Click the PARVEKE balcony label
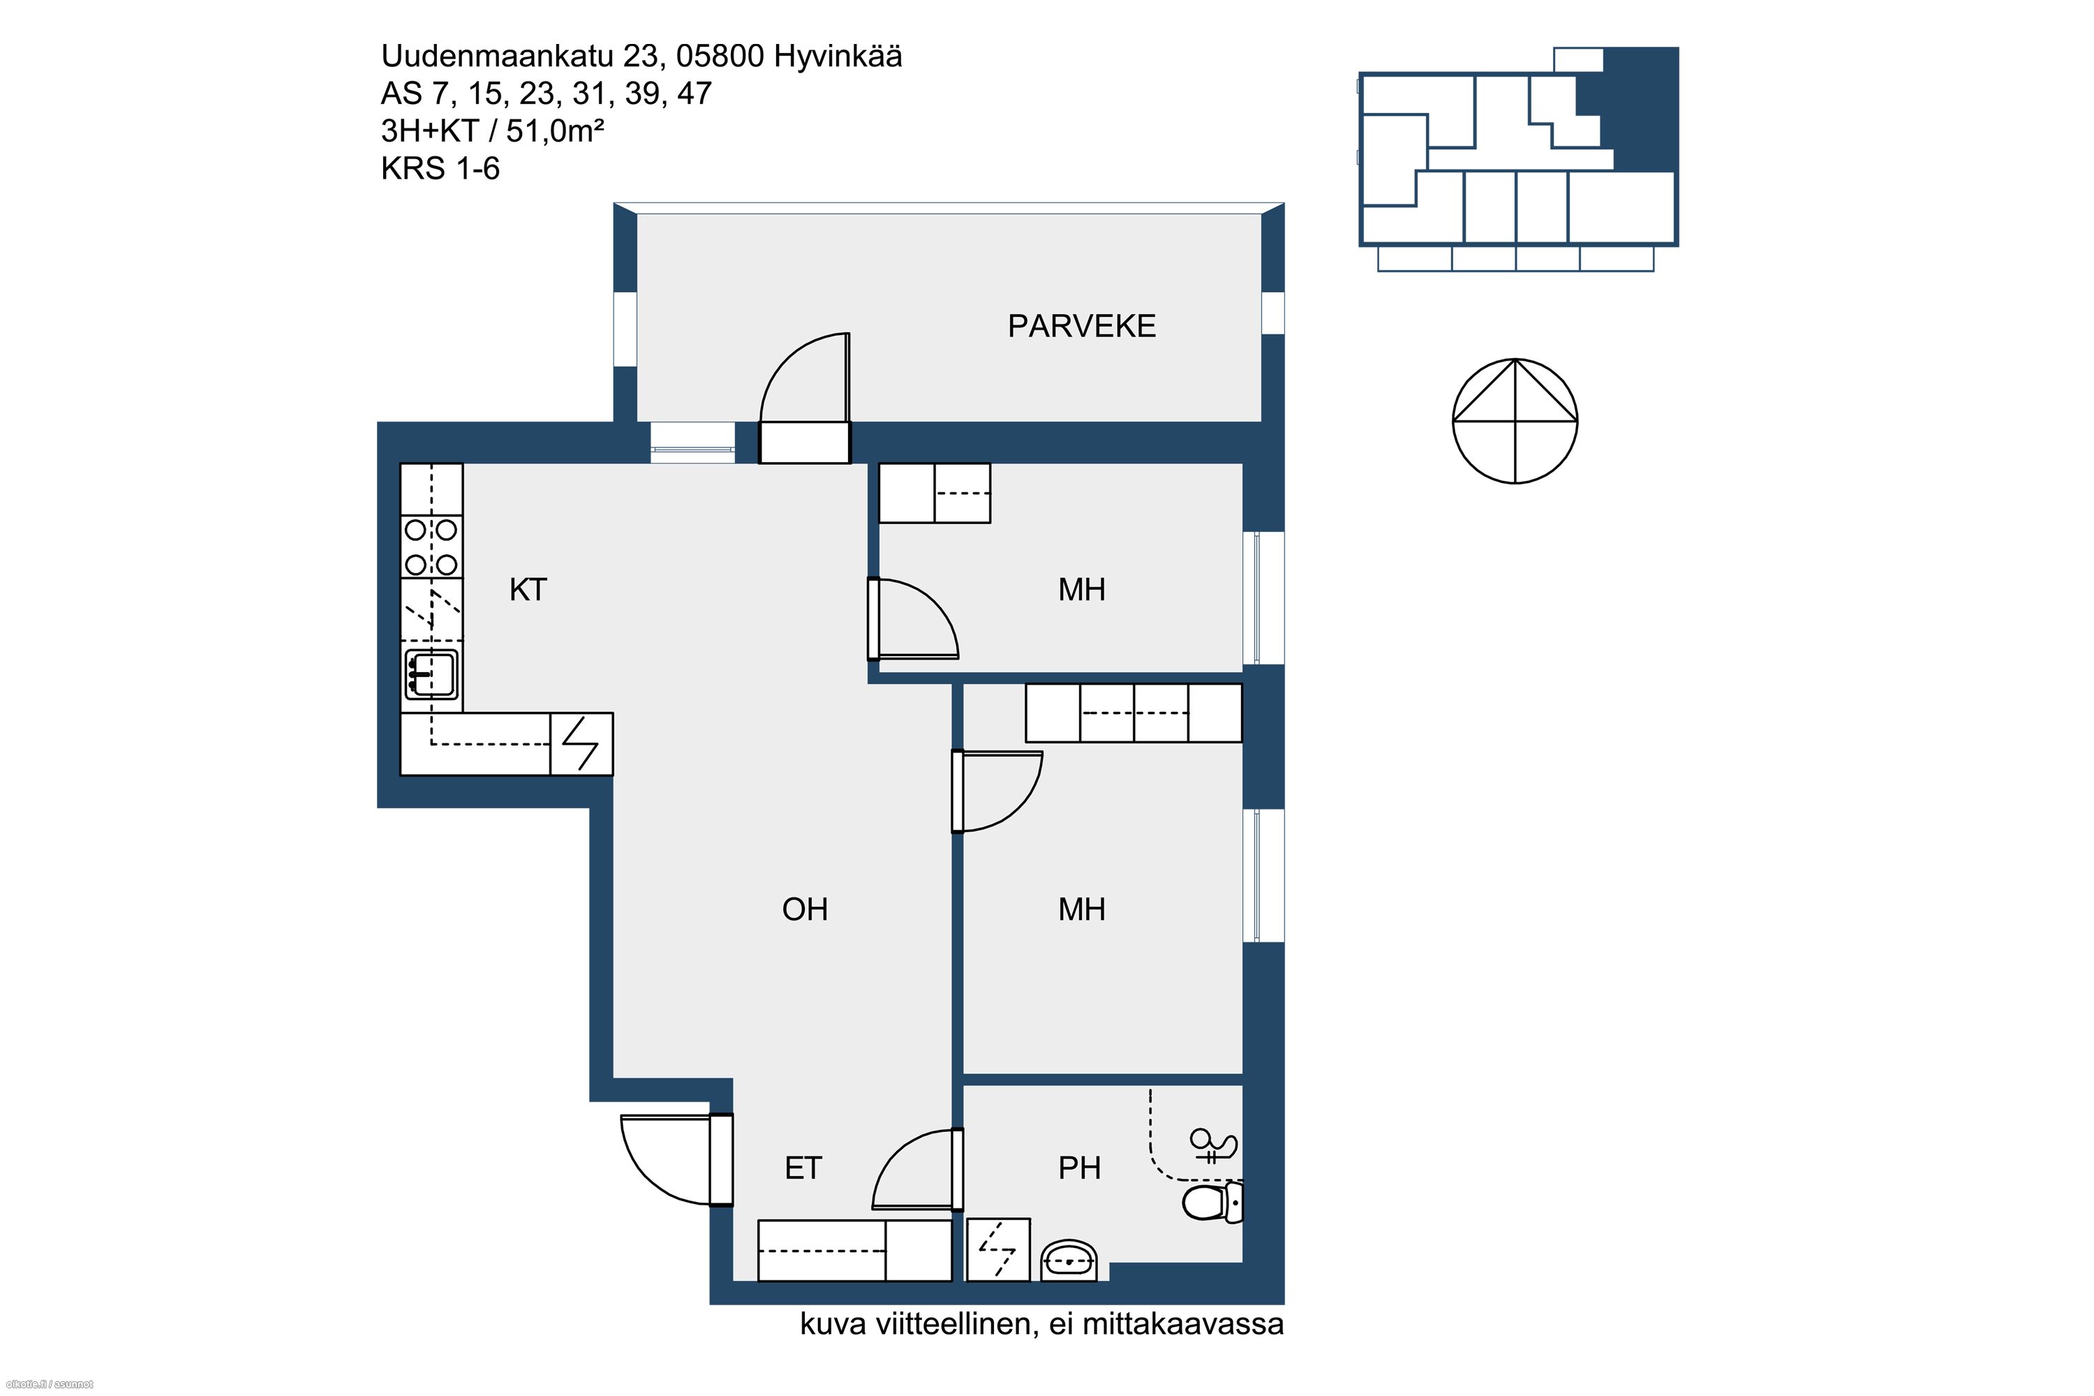point(1082,327)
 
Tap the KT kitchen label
point(528,589)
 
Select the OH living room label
point(805,909)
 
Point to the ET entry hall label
point(803,1168)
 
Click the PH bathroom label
point(1079,1168)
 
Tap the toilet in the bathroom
point(1212,1202)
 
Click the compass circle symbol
point(1515,421)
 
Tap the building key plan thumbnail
point(1518,158)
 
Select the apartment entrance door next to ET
point(676,1159)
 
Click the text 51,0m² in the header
point(556,131)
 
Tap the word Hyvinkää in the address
point(838,56)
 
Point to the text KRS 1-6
point(440,168)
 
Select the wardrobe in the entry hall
point(854,1250)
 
